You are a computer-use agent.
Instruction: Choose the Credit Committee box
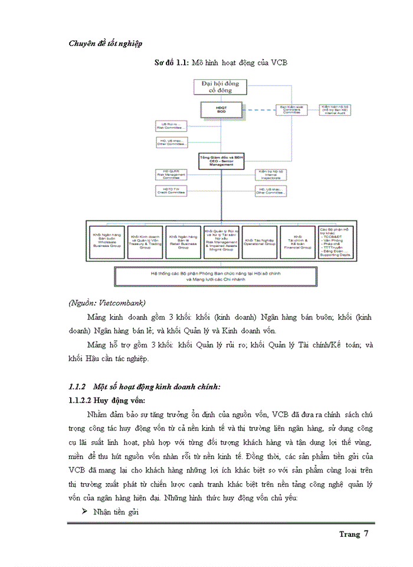coord(170,190)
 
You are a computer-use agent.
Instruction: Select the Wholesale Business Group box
coord(107,242)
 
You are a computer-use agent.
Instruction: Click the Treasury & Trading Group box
coord(145,242)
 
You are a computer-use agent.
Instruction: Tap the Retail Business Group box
coord(183,242)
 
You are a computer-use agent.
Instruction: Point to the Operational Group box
coord(260,242)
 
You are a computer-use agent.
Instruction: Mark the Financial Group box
coord(298,242)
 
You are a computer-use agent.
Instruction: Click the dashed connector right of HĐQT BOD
coord(256,110)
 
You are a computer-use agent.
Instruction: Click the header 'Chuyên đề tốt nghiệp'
coord(106,43)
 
